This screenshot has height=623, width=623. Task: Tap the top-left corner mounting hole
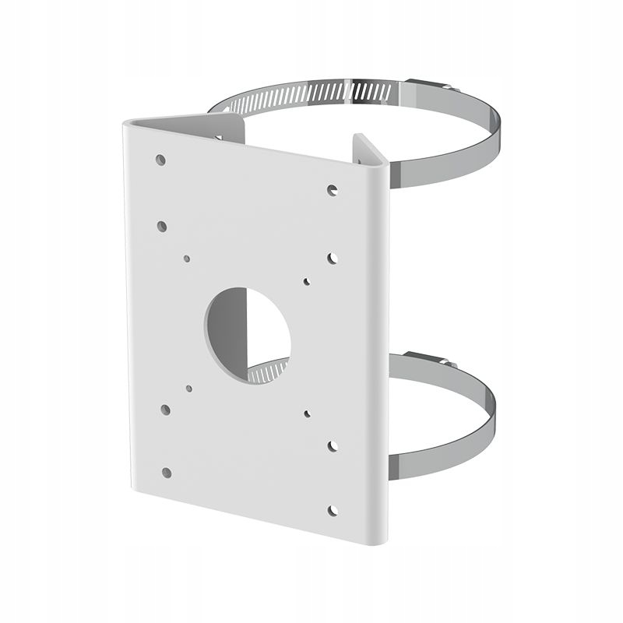160,160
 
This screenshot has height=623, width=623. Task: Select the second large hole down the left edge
162,226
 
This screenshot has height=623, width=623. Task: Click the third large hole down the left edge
165,409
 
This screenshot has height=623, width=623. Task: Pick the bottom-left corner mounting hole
167,472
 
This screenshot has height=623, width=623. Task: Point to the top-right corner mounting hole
332,189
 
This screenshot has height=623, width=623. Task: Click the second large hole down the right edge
333,257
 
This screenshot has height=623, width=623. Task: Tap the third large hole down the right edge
333,446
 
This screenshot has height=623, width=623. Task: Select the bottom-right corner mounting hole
333,511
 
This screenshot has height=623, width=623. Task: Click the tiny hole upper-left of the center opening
187,258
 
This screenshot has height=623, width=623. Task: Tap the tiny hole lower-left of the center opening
189,387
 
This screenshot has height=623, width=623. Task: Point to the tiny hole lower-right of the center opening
308,414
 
